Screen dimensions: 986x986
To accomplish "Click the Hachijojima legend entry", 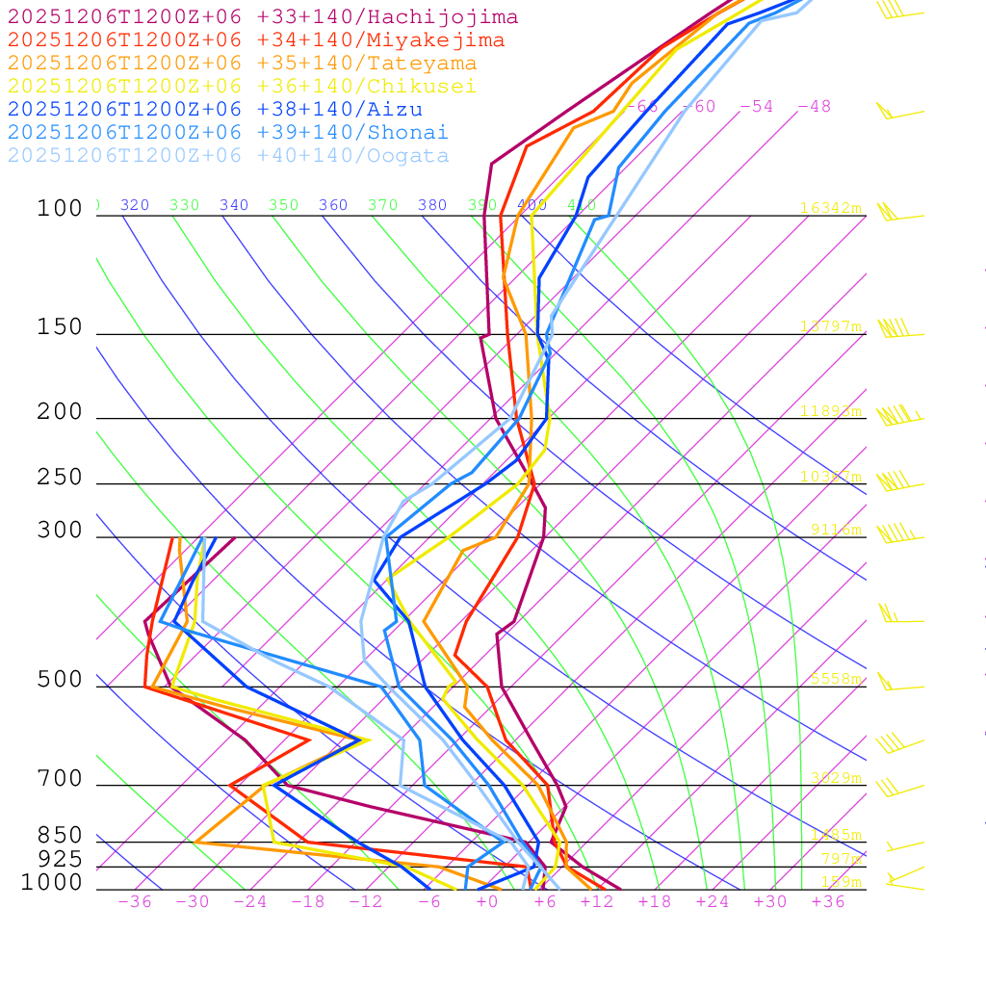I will tap(262, 17).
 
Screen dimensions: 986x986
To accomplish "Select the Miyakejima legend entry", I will tap(255, 40).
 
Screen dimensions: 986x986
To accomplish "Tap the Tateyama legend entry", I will tap(242, 64).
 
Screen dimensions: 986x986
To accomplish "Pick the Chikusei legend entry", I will tap(242, 87).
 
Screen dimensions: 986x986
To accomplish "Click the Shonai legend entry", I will tap(228, 133).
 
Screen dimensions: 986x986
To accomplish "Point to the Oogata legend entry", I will tap(228, 156).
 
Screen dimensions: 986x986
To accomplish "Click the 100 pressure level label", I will tap(60, 209).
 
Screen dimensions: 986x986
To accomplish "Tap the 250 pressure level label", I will tap(60, 478).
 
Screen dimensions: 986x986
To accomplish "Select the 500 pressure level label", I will tap(60, 681).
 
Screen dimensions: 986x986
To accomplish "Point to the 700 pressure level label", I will tap(60, 779).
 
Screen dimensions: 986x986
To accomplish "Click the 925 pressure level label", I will tap(60, 859).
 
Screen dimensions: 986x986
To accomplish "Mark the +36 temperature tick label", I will tap(828, 901).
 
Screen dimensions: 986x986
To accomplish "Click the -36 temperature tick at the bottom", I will tap(135, 901).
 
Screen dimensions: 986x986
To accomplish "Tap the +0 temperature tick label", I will tap(487, 901).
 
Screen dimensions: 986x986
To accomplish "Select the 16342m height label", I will tap(830, 208).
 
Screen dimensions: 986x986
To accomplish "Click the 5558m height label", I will tap(835, 679).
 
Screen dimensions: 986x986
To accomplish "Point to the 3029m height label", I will tap(835, 777).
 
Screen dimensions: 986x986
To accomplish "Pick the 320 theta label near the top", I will tap(135, 205).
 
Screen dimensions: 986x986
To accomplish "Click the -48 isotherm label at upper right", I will tap(814, 106).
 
